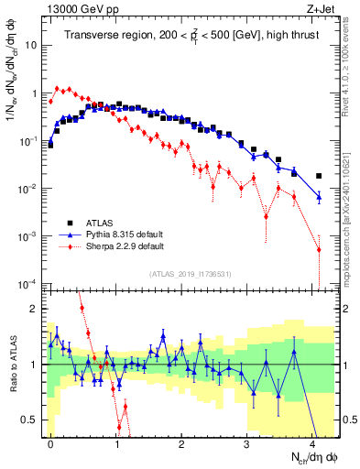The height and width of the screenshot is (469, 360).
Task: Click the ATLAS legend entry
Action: coord(100,223)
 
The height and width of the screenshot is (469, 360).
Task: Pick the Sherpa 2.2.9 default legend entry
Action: coord(125,246)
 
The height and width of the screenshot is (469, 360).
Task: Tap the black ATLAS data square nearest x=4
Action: coord(319,176)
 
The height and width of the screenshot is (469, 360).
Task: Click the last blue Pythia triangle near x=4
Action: coord(319,196)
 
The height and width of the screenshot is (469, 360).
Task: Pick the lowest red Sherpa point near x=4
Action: coord(319,249)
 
